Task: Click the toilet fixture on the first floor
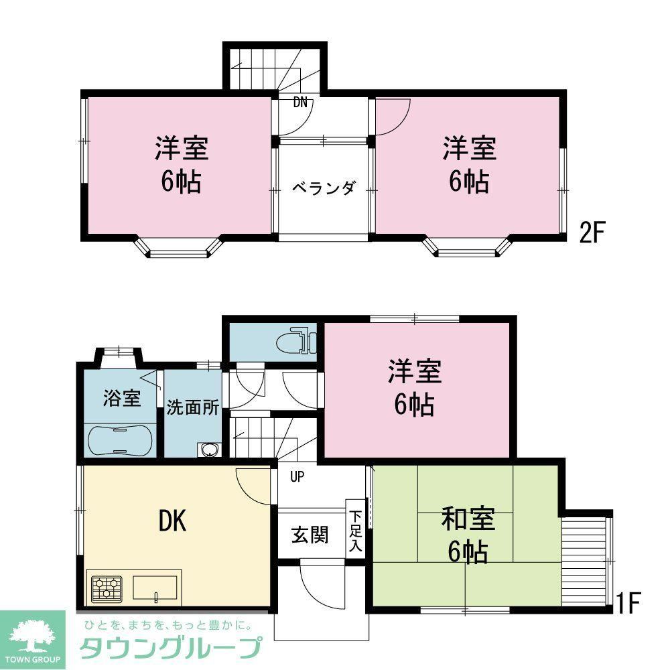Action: pos(297,340)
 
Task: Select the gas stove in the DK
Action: pos(107,590)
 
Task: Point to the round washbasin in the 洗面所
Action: pos(209,450)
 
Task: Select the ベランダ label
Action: pos(324,188)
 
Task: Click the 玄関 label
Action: pos(310,535)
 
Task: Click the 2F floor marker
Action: pos(593,233)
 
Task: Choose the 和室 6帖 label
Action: pos(468,535)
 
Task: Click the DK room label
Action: pos(173,521)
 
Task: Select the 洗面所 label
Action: pos(193,407)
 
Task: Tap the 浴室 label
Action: pos(122,398)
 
